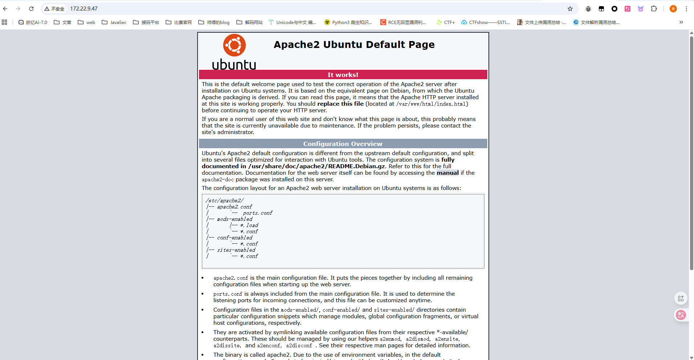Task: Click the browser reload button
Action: pos(31,9)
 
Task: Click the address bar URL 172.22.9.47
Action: pos(84,9)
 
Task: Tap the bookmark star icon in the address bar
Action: pos(570,9)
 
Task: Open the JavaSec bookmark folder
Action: pos(114,23)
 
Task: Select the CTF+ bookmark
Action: pos(446,23)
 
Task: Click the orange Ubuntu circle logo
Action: pos(234,45)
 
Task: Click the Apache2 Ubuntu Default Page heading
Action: pos(354,45)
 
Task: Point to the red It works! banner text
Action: pos(343,75)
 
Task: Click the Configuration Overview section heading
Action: pos(343,144)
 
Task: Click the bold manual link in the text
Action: pos(447,173)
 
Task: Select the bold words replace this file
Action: pos(340,104)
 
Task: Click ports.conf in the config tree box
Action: pos(257,213)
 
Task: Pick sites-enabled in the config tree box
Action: pos(236,250)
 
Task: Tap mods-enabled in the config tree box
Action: pos(235,219)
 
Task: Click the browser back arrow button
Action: pos(5,9)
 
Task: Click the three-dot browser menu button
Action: pos(686,9)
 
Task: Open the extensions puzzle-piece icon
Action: pos(654,9)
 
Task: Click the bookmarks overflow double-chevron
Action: pos(681,23)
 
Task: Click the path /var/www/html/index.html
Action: pos(431,104)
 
